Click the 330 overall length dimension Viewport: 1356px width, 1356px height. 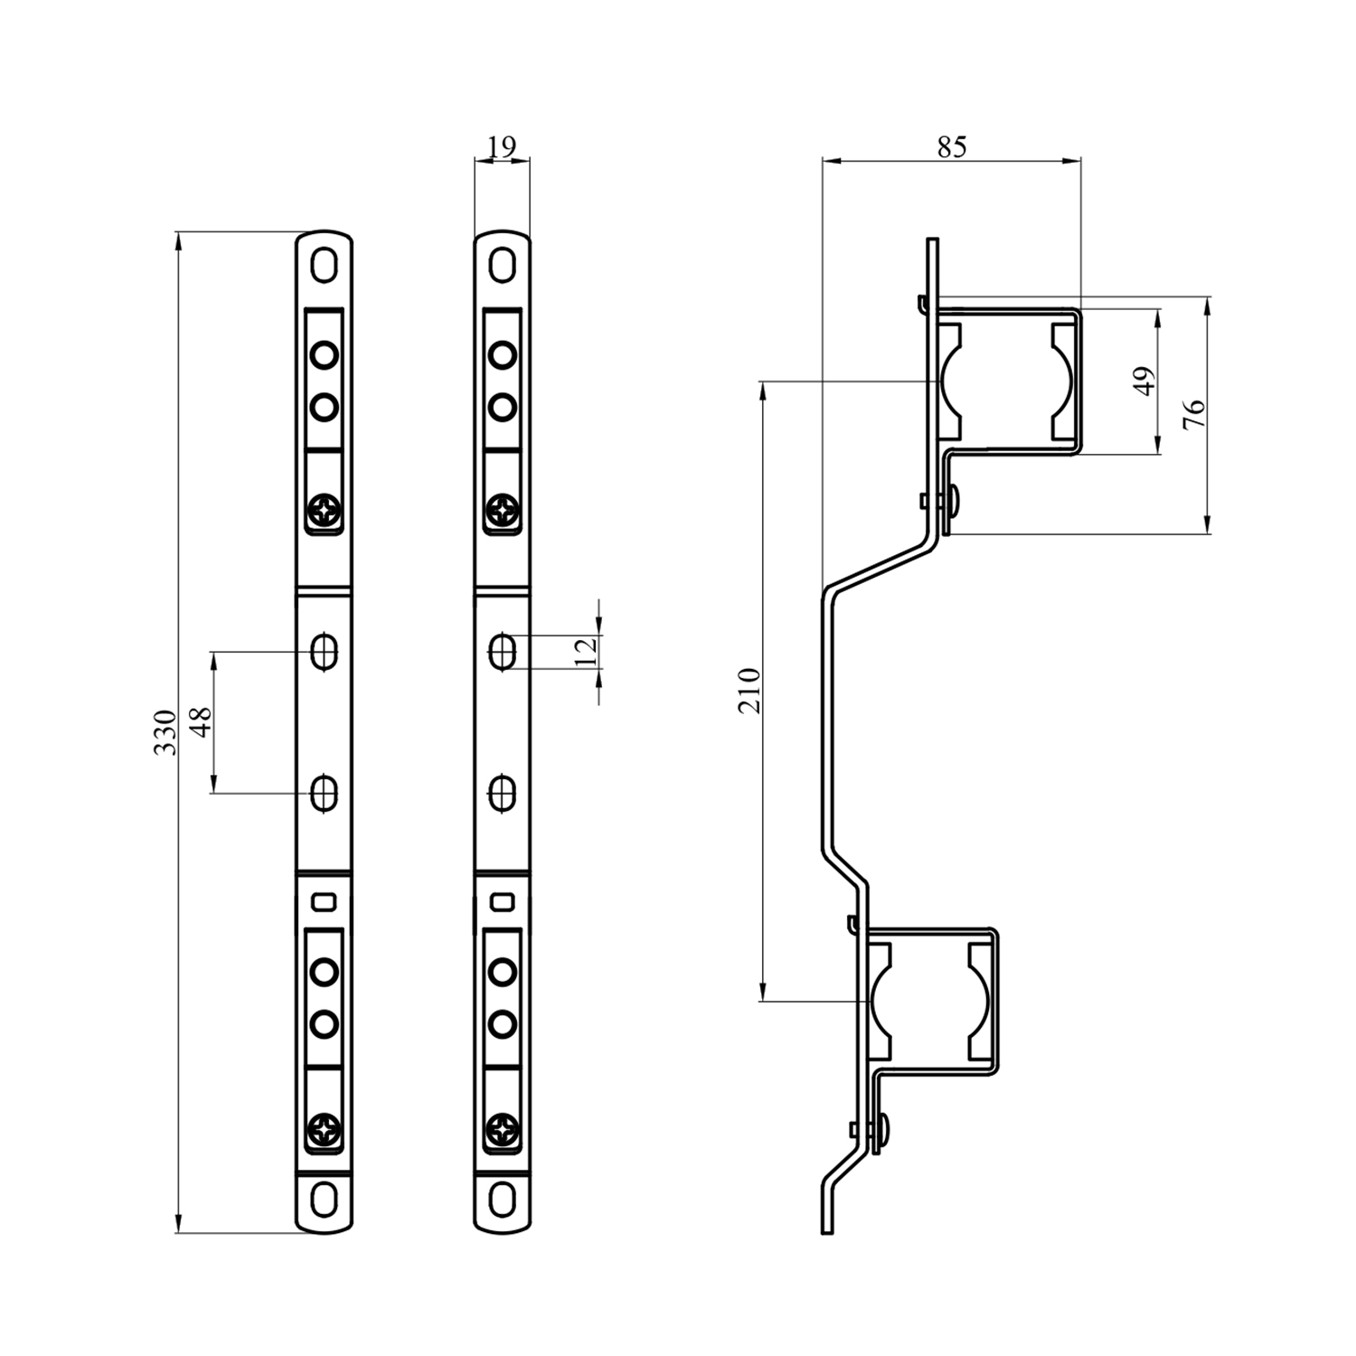point(164,732)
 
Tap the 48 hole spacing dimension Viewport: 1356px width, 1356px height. point(201,721)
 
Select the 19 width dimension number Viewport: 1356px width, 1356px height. point(501,146)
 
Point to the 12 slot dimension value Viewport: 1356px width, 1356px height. point(586,651)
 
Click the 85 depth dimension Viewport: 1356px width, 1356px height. point(951,146)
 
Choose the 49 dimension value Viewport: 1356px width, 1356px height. point(1144,381)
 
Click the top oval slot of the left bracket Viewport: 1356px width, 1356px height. point(324,266)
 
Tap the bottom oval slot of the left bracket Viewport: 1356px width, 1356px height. point(324,1200)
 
